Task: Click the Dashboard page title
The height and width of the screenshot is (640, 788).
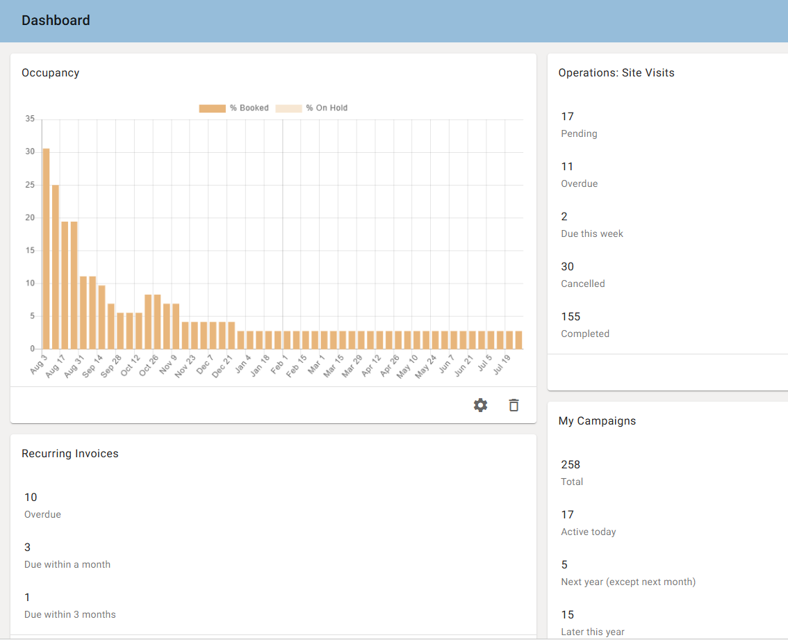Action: pos(56,21)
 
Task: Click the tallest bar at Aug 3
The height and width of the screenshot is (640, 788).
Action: pos(47,249)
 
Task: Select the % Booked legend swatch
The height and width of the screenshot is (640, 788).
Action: pos(212,108)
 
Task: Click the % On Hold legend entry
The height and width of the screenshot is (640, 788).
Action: pos(311,108)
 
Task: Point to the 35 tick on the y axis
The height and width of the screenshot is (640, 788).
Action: pos(30,119)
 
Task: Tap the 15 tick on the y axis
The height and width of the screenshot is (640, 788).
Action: pos(30,250)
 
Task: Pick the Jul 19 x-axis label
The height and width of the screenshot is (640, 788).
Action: pos(502,365)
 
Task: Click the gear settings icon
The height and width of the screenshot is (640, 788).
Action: pos(480,405)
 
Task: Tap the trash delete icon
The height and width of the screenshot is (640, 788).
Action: pos(514,405)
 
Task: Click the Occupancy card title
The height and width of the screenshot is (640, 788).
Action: pos(50,73)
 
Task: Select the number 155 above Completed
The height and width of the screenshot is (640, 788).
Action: pos(571,317)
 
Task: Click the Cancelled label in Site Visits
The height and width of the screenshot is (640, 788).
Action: pos(583,284)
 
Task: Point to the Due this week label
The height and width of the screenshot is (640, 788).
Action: pos(592,233)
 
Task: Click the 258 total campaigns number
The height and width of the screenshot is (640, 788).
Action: pos(571,465)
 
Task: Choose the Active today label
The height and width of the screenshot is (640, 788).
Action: pos(589,532)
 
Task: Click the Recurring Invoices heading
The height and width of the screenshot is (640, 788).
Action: pos(70,454)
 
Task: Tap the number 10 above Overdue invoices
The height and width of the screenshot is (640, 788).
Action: pos(31,498)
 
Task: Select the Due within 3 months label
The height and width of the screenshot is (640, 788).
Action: pos(70,614)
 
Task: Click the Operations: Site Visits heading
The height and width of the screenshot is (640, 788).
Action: pos(616,73)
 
